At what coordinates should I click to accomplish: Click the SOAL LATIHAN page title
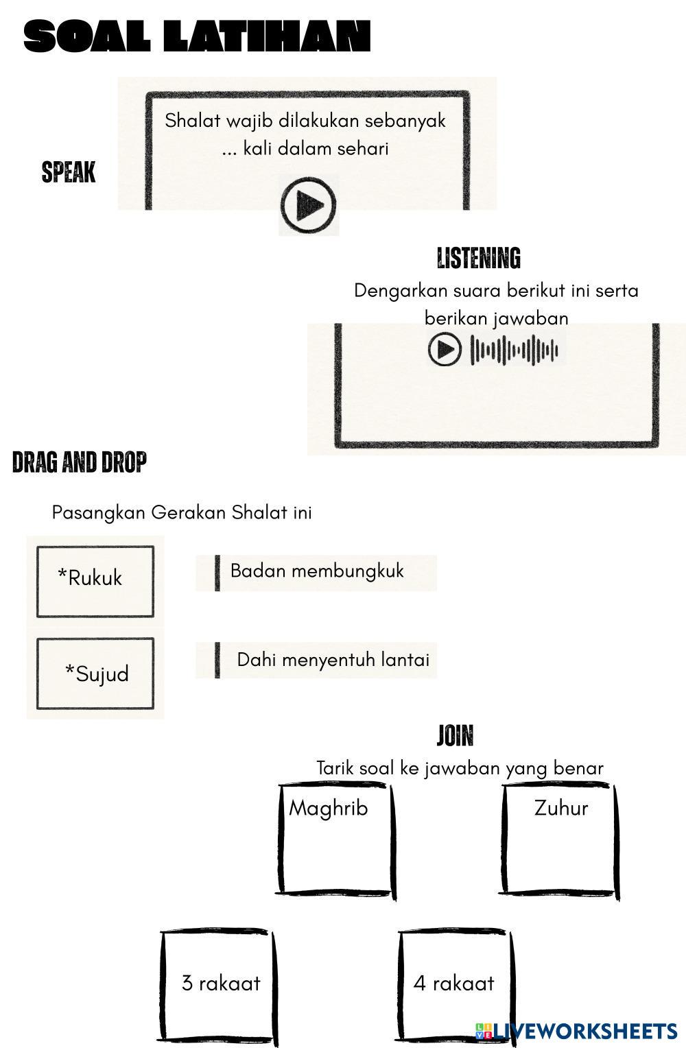[197, 36]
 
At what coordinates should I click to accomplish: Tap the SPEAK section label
[69, 171]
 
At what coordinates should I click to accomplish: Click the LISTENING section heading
[478, 259]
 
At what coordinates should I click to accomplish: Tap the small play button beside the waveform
[445, 349]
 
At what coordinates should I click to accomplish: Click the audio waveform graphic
[514, 350]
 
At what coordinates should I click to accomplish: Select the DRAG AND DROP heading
[79, 462]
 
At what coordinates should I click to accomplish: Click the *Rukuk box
[95, 581]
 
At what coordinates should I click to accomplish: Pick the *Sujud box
[95, 674]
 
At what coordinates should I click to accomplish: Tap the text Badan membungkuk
[317, 571]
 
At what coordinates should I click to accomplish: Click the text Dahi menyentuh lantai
[333, 660]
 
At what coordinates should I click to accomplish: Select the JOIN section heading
[455, 735]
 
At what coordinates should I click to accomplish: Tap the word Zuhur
[560, 808]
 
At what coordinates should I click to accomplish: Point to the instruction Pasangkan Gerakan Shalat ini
[182, 513]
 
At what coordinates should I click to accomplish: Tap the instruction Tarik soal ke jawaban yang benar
[460, 768]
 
